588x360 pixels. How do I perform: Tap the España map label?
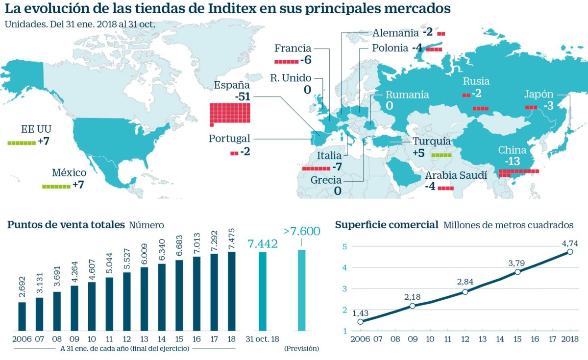coord(232,85)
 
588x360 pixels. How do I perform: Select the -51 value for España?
coord(243,96)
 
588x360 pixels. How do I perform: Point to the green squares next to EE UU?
coord(22,143)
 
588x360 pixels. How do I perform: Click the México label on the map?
coord(69,173)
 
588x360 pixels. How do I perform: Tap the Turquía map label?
coord(431,142)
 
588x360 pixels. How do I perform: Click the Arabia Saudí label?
coord(456,175)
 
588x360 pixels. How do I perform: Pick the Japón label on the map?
coord(539,95)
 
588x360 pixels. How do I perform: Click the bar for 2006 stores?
coord(22,316)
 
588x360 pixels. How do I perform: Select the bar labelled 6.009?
coord(144,299)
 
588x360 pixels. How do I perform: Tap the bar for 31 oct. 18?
coord(263,291)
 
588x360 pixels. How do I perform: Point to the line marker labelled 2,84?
coord(465,292)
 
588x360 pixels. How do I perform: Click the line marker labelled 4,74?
coord(570,252)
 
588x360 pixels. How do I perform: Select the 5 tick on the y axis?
coord(344,246)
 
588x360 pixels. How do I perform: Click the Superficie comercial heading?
coord(387,225)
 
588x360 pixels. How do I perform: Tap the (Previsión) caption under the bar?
coord(301,348)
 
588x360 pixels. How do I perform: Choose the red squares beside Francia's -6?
coord(286,61)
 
